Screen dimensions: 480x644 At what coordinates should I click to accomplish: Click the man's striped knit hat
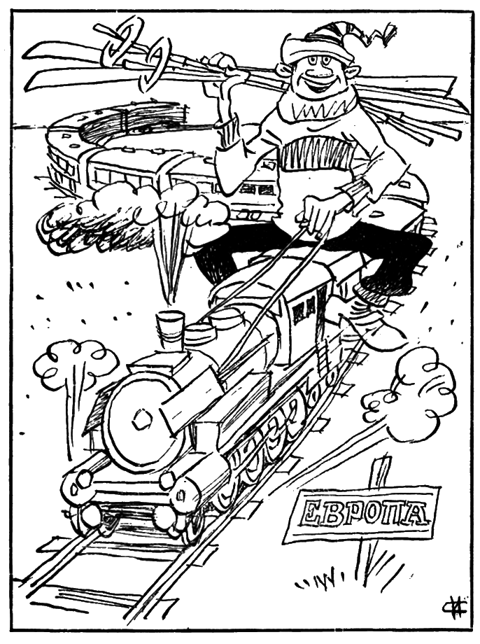320,41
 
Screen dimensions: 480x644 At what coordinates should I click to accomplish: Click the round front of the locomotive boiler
141,419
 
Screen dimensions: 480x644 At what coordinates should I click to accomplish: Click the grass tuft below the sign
325,582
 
